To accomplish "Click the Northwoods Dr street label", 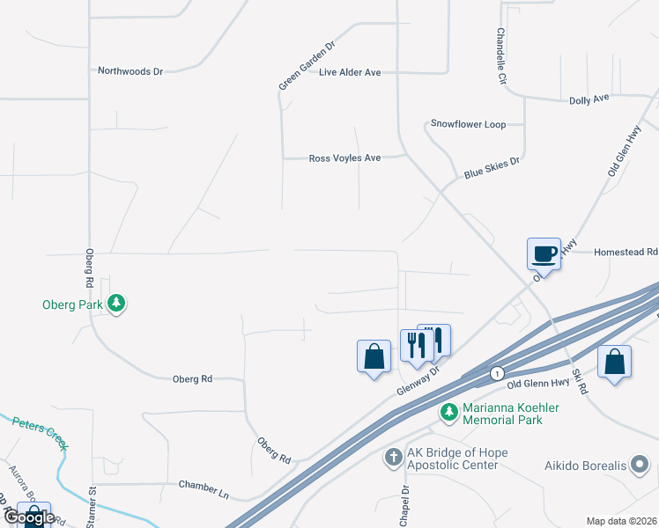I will coord(130,70).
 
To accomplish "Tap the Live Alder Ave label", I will coord(350,72).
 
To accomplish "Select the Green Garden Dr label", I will coord(307,65).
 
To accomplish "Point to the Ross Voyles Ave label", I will coord(344,158).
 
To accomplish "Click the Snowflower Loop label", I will coord(468,124).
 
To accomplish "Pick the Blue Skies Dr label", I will coord(492,168).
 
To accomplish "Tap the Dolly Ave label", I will coord(589,100).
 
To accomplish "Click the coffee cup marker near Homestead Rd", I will coord(544,253).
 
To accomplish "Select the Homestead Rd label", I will coord(626,252).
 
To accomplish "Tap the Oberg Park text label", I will coord(73,305).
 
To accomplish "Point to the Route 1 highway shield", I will coord(497,373).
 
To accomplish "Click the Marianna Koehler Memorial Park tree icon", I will coord(449,411).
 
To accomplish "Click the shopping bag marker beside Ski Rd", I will coord(614,362).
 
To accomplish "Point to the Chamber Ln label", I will coord(204,485).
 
